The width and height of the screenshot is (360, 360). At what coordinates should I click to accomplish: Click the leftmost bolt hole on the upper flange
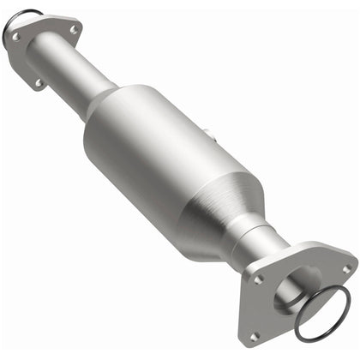15,37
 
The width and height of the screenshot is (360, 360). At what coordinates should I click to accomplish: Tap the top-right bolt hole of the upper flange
73,30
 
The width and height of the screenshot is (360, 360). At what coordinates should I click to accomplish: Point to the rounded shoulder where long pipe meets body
107,107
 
